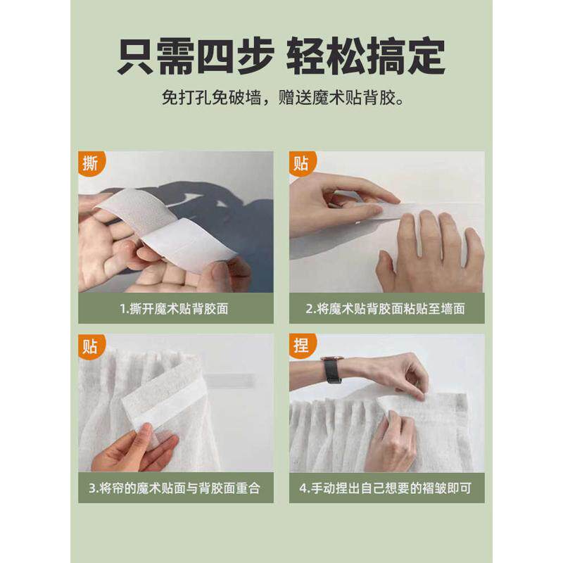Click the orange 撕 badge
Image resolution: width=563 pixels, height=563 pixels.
(x=90, y=164)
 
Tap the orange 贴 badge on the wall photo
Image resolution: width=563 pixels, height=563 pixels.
(x=301, y=164)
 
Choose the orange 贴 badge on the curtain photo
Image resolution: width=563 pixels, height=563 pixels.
(x=90, y=347)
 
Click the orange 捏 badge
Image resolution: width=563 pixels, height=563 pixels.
(x=301, y=347)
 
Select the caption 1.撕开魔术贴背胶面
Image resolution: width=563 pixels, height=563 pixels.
(x=175, y=308)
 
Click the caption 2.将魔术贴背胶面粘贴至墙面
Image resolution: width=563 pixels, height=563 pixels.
(x=386, y=308)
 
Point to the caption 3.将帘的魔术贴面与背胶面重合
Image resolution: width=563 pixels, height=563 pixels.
(x=175, y=488)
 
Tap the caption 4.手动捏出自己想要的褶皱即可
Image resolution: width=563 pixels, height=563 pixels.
(x=386, y=488)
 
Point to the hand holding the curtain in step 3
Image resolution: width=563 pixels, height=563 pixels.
(x=130, y=450)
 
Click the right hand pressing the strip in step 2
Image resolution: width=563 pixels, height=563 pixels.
(x=429, y=253)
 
